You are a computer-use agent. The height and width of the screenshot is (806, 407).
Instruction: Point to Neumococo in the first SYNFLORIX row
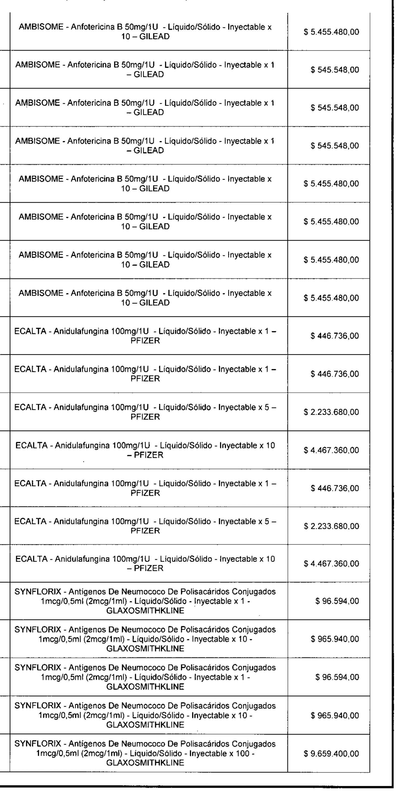(139, 592)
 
